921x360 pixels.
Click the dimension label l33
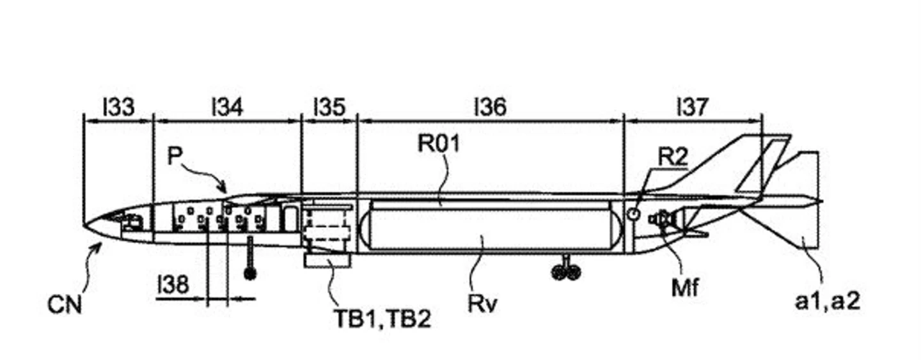[x=118, y=107]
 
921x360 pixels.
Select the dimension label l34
[x=228, y=107]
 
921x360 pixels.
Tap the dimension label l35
[x=329, y=107]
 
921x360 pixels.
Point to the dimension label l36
[x=490, y=107]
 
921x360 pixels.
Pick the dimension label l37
[x=693, y=107]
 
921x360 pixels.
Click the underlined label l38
[x=173, y=285]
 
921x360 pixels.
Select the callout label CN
[x=65, y=305]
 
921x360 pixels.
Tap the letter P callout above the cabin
[x=175, y=156]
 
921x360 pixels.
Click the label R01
[x=439, y=143]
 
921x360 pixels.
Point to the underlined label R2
[x=673, y=157]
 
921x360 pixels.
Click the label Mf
[x=685, y=287]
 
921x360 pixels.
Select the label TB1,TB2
[x=383, y=319]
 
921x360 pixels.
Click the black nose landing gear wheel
[x=250, y=274]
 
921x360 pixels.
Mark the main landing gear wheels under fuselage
[x=567, y=272]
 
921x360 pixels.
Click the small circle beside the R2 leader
[x=634, y=214]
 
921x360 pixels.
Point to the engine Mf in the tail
[x=662, y=219]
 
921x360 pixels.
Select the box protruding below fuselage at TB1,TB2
[x=327, y=261]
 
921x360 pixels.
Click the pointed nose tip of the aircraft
[x=83, y=225]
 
